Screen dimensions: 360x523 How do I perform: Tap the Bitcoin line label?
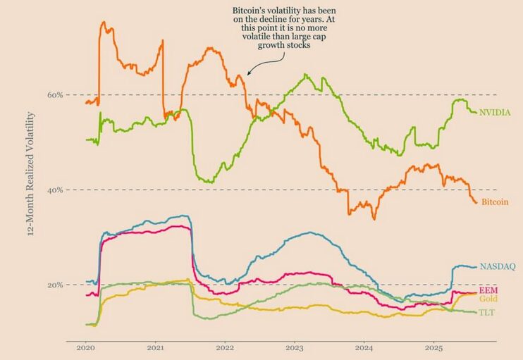point(494,202)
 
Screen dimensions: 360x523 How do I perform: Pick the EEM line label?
point(488,290)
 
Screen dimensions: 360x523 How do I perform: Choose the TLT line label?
point(487,312)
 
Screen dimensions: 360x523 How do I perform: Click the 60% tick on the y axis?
point(55,94)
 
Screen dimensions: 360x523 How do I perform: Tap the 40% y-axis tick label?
point(55,190)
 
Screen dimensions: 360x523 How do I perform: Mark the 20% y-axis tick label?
point(55,285)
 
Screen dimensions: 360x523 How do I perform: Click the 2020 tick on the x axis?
point(85,347)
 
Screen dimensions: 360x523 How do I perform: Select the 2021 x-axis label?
point(155,347)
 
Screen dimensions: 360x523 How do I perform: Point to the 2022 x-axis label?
point(225,347)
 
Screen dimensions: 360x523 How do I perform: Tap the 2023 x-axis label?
point(295,347)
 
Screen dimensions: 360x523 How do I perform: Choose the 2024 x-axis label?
point(364,347)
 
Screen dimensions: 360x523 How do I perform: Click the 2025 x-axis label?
point(434,347)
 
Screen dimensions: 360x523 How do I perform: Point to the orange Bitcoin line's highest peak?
point(104,22)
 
